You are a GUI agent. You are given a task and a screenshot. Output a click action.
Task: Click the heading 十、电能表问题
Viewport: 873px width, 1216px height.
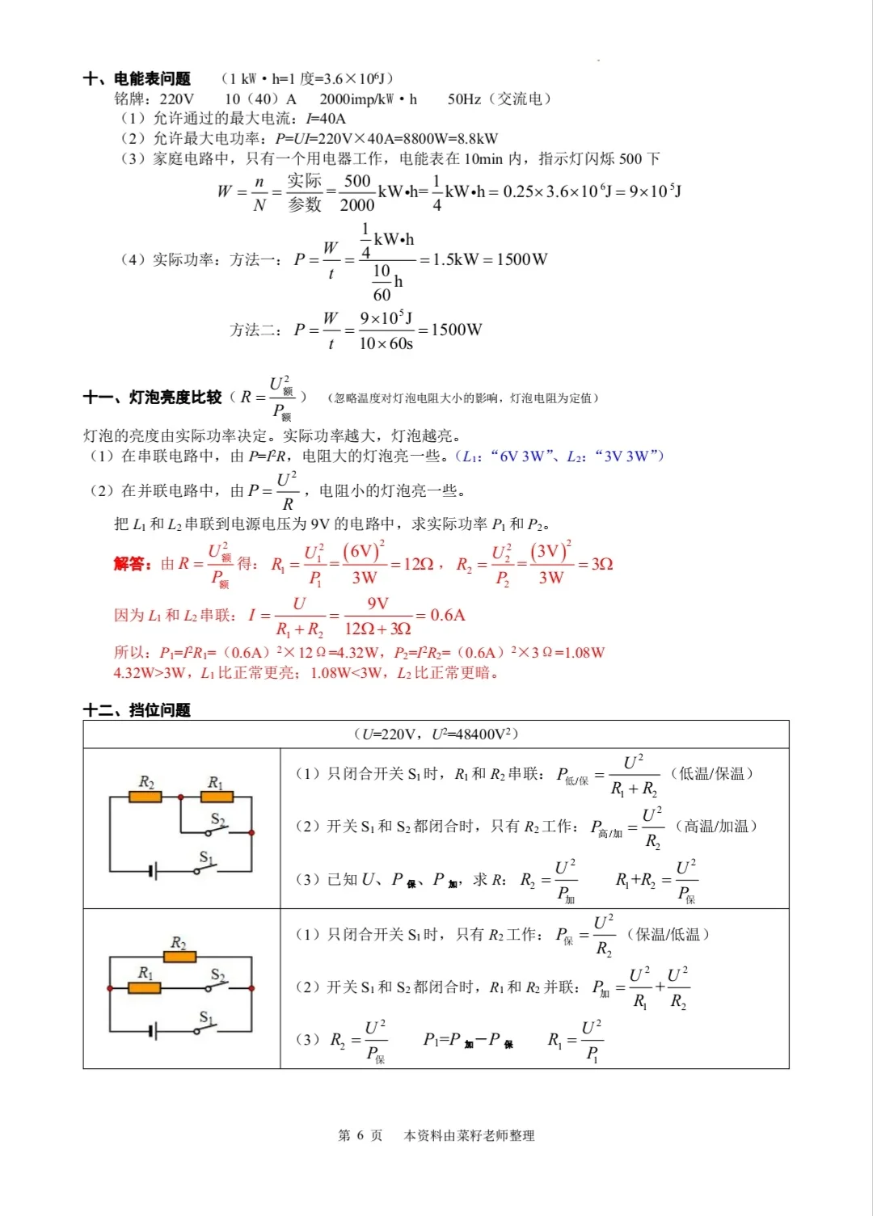(137, 78)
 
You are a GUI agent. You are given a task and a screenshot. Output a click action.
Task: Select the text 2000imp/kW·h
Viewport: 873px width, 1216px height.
(368, 99)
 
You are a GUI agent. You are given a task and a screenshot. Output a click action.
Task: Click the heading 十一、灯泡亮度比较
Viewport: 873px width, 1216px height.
(152, 397)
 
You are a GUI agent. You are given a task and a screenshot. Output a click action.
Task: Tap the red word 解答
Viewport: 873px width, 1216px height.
(132, 563)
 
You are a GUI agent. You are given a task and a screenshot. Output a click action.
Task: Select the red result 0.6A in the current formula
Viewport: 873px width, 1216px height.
(447, 615)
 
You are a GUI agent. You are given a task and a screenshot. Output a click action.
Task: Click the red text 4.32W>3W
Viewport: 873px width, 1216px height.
(149, 673)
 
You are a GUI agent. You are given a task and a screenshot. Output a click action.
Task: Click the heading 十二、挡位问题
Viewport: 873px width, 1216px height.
(137, 710)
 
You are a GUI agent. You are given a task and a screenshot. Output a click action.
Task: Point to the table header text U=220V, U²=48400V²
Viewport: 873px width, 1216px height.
(436, 734)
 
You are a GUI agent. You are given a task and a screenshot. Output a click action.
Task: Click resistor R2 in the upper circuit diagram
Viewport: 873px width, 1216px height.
(145, 797)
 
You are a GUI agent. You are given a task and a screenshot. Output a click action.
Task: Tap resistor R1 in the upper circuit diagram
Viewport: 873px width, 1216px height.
(216, 797)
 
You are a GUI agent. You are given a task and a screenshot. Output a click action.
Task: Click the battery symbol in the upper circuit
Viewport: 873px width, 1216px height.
(153, 871)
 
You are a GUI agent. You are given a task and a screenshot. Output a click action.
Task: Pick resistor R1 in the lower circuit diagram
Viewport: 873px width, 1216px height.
(145, 987)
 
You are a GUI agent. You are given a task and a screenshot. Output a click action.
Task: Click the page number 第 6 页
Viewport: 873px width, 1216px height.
(360, 1135)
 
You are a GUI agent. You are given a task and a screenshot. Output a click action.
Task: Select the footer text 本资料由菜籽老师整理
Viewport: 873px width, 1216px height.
(469, 1135)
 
